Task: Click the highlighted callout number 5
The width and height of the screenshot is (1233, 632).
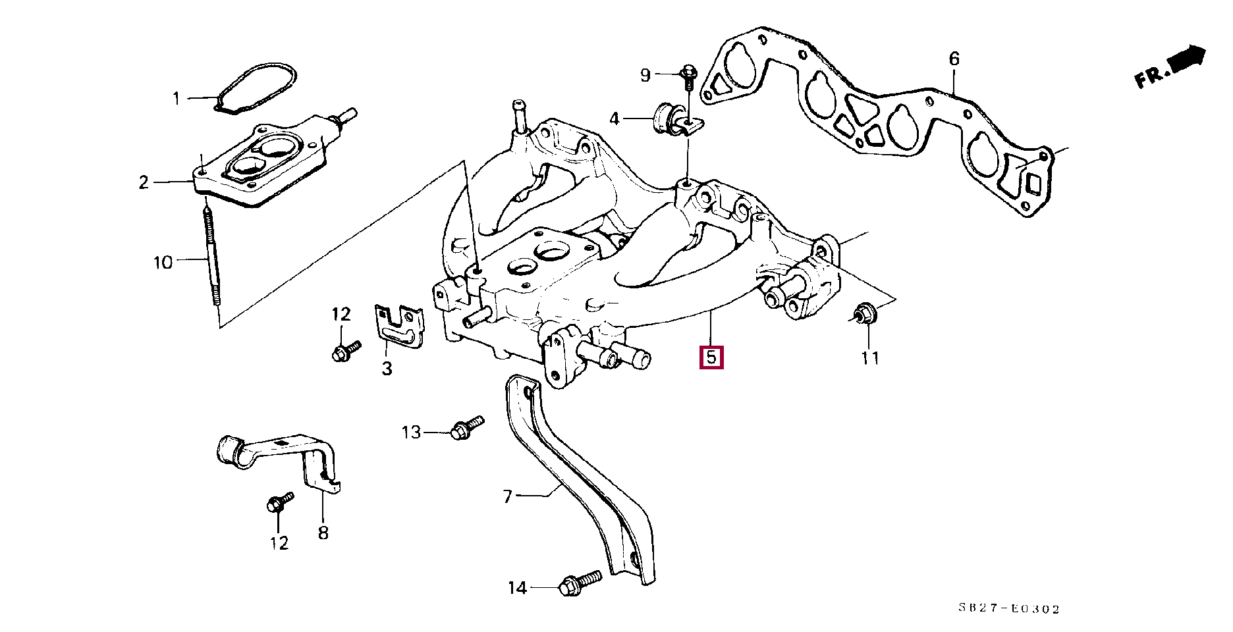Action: click(711, 357)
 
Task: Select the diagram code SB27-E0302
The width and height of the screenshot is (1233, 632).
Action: click(1008, 609)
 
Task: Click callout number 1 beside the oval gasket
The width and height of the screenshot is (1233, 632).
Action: click(176, 99)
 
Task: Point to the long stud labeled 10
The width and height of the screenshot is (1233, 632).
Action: click(212, 257)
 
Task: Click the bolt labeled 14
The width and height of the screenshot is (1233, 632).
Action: click(579, 583)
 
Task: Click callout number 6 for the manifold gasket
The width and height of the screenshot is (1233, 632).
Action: click(954, 59)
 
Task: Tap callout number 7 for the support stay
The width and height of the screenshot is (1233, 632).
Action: click(507, 496)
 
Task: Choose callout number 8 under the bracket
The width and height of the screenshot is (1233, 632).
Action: click(323, 533)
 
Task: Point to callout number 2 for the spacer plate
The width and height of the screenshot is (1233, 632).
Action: click(144, 182)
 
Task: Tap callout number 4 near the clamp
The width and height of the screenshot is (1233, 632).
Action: click(615, 119)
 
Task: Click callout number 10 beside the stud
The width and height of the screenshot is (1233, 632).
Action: click(163, 263)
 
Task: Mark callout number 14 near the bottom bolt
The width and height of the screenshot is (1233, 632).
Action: click(517, 588)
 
